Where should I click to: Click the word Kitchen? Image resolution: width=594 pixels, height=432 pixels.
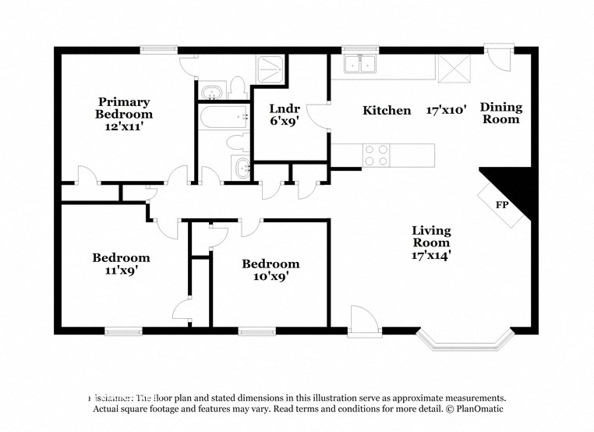pyautogui.click(x=387, y=111)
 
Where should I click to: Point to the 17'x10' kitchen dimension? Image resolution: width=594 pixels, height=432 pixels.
pyautogui.click(x=446, y=110)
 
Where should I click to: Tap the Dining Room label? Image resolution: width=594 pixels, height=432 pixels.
pyautogui.click(x=500, y=113)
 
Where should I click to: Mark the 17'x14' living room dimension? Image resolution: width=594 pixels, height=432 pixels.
pyautogui.click(x=431, y=253)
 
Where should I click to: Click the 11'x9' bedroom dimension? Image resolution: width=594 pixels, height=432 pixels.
pyautogui.click(x=121, y=271)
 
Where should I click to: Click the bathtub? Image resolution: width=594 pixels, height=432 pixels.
pyautogui.click(x=223, y=118)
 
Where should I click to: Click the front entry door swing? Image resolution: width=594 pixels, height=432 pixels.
pyautogui.click(x=361, y=320)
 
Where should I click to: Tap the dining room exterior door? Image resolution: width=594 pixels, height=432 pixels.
pyautogui.click(x=495, y=58)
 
